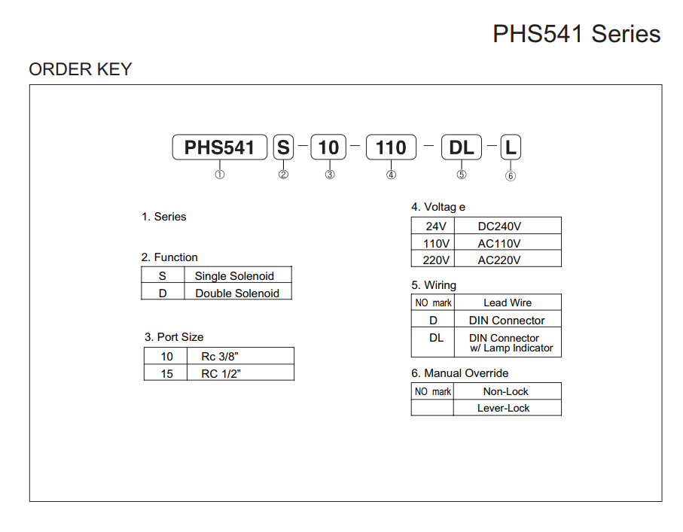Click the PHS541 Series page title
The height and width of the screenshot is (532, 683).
click(x=576, y=34)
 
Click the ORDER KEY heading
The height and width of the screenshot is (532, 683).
click(x=81, y=69)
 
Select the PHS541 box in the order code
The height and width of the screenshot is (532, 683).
click(x=219, y=147)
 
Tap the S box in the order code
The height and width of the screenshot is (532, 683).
click(x=283, y=147)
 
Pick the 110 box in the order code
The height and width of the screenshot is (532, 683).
click(x=391, y=147)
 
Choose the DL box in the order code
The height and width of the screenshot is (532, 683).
click(x=462, y=147)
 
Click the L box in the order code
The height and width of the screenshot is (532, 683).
click(x=511, y=147)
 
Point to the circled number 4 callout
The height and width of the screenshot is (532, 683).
click(x=391, y=175)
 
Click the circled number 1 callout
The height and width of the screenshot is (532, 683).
click(x=220, y=175)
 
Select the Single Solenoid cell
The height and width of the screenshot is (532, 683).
click(x=234, y=276)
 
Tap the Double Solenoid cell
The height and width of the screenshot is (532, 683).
click(x=236, y=293)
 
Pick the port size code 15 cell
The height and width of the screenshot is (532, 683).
click(x=166, y=373)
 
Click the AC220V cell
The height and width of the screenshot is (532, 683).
click(x=499, y=260)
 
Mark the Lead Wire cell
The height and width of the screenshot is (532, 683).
click(x=507, y=302)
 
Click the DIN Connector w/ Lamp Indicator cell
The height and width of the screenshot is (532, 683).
click(x=507, y=343)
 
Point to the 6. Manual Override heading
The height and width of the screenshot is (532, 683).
click(x=459, y=373)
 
